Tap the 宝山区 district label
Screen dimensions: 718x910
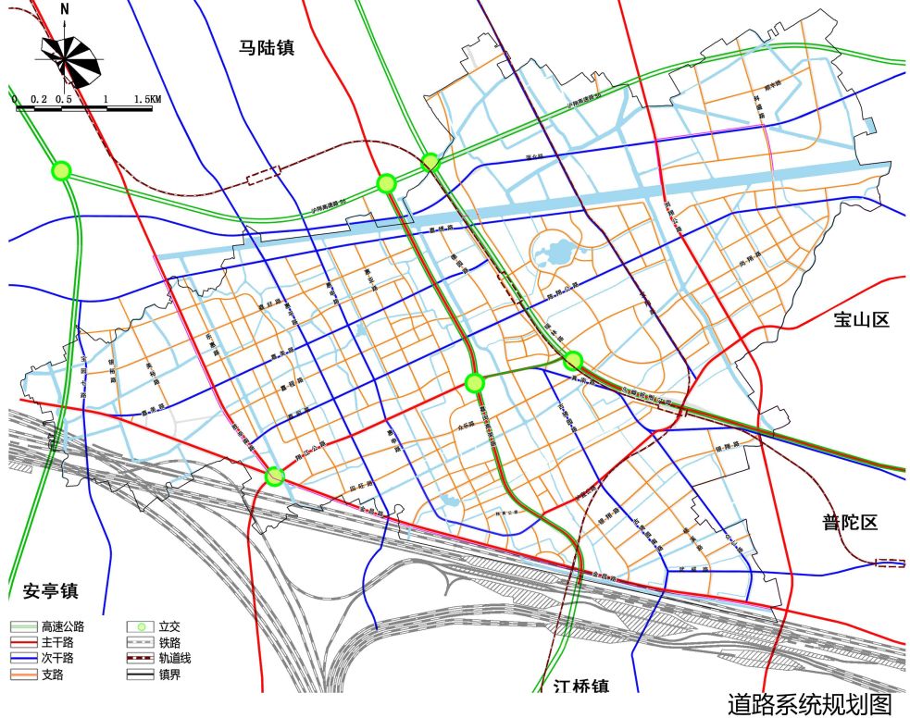click(861, 320)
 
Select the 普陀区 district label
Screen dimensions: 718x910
click(849, 523)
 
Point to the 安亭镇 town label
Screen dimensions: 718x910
click(49, 590)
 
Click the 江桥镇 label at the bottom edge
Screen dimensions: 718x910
click(581, 687)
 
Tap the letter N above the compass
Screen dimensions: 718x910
click(64, 9)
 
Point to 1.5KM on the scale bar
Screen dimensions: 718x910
click(146, 98)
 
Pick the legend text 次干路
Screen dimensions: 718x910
click(56, 659)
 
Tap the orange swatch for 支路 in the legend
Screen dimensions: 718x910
click(22, 675)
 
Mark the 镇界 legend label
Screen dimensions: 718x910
click(168, 675)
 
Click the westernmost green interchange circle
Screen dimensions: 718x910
click(61, 170)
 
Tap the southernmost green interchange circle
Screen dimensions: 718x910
click(274, 477)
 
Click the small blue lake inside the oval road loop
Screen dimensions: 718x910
click(555, 251)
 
